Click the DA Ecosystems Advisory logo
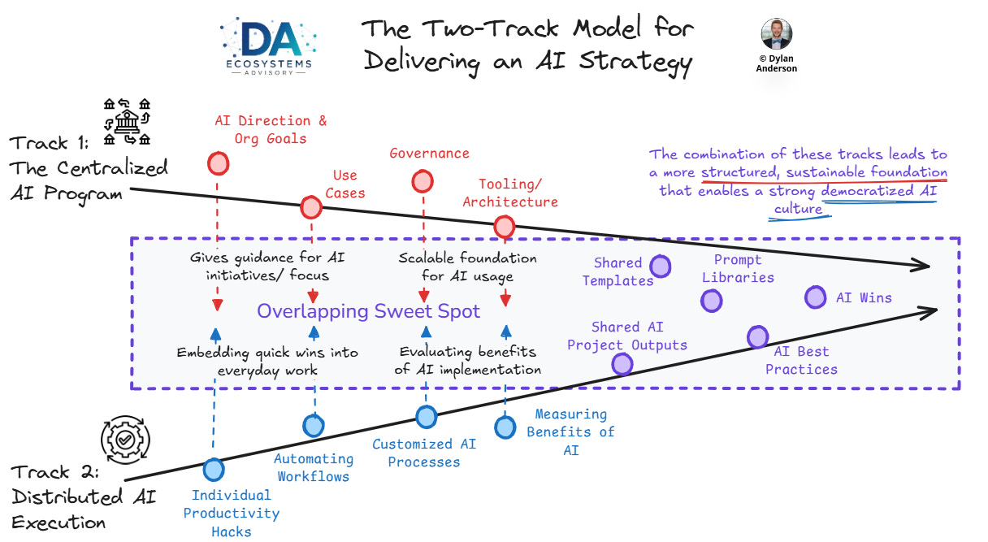click(x=269, y=46)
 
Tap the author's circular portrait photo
click(x=776, y=34)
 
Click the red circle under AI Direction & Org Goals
click(x=219, y=163)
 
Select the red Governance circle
click(x=422, y=181)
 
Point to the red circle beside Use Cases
click(x=311, y=207)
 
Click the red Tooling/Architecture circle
click(x=504, y=227)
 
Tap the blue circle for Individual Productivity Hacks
click(x=214, y=470)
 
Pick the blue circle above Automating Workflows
click(x=314, y=426)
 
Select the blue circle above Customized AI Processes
click(x=427, y=417)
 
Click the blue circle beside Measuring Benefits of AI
click(x=505, y=427)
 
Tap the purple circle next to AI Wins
click(x=815, y=297)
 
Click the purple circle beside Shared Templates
click(x=661, y=267)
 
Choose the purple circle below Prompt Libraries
click(x=712, y=301)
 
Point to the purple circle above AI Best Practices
click(x=758, y=337)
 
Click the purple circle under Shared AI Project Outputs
click(x=622, y=364)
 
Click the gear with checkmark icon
click(x=125, y=440)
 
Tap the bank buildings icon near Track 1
click(x=127, y=122)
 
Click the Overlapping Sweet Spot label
click(x=368, y=311)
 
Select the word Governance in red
click(x=429, y=154)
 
